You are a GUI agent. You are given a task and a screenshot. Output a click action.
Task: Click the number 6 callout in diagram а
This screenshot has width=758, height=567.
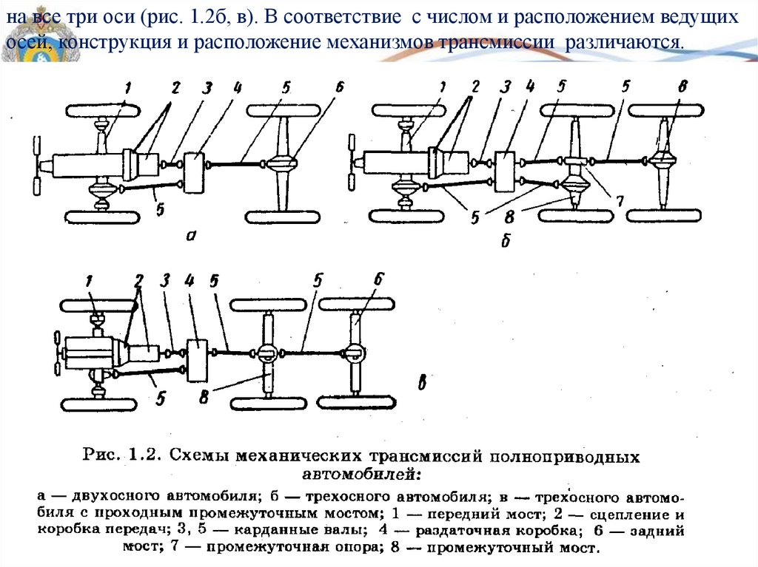pyautogui.click(x=340, y=86)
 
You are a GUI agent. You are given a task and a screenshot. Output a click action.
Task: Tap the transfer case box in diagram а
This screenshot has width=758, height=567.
pyautogui.click(x=195, y=172)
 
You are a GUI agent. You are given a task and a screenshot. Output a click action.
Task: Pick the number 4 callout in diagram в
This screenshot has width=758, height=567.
pyautogui.click(x=189, y=281)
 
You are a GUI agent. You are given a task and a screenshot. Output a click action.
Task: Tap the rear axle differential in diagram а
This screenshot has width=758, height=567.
pyautogui.click(x=282, y=163)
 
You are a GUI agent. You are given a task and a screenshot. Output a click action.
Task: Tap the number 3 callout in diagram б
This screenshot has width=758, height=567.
pyautogui.click(x=506, y=86)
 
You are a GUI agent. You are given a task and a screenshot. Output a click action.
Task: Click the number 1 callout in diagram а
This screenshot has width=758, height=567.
pyautogui.click(x=127, y=87)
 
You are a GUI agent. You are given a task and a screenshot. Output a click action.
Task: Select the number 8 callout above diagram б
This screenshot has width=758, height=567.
pyautogui.click(x=682, y=86)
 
